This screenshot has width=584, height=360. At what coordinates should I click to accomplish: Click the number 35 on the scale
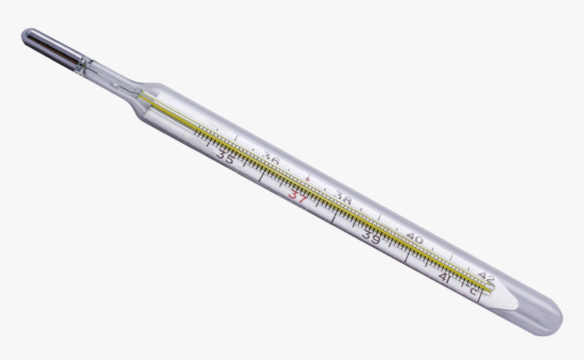pos(225,157)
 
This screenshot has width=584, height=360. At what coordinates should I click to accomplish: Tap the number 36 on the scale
pos(272,160)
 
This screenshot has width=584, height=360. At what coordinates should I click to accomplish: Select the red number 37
pos(297,196)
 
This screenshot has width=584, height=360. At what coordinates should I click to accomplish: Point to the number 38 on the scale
pos(343,200)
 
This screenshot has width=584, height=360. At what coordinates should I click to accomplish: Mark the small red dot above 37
pos(307,179)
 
